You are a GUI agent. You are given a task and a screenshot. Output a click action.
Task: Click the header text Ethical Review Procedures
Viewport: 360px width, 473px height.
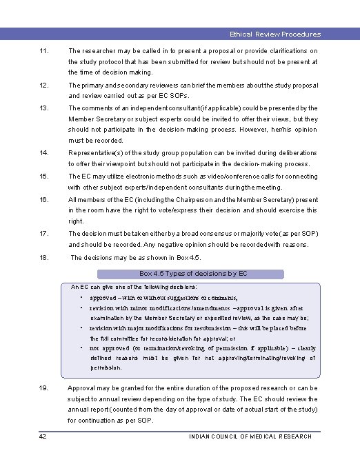pyautogui.click(x=274, y=34)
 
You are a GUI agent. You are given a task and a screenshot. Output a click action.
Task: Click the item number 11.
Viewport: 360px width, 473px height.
pyautogui.click(x=45, y=51)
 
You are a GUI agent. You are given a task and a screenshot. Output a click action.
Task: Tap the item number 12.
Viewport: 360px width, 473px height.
pyautogui.click(x=45, y=85)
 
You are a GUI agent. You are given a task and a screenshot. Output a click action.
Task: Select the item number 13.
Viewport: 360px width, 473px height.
pyautogui.click(x=45, y=108)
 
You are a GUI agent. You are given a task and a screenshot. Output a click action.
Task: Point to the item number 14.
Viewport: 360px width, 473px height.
pyautogui.click(x=45, y=152)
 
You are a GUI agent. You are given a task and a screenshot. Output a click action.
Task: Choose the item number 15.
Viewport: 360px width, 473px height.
pyautogui.click(x=45, y=176)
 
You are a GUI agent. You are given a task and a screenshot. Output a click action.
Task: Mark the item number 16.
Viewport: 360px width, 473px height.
pyautogui.click(x=45, y=199)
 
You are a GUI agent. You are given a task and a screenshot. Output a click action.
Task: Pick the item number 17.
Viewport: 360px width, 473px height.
pyautogui.click(x=45, y=233)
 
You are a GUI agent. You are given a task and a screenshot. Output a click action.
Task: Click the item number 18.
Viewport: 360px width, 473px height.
pyautogui.click(x=45, y=257)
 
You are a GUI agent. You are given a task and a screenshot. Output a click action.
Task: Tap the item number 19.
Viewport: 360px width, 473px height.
pyautogui.click(x=45, y=388)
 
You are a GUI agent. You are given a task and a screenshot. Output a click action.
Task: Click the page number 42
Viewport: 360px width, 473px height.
pyautogui.click(x=43, y=436)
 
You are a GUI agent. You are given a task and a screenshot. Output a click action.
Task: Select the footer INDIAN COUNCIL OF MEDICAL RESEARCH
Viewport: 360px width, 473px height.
pyautogui.click(x=250, y=436)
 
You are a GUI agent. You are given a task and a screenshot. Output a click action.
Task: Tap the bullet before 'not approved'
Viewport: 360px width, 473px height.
pyautogui.click(x=82, y=348)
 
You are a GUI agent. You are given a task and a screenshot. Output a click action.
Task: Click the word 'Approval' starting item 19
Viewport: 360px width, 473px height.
pyautogui.click(x=82, y=388)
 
